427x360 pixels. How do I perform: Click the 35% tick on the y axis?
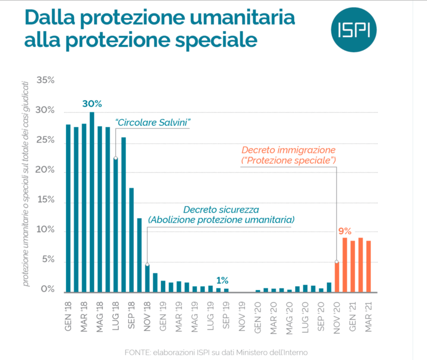tap(46, 81)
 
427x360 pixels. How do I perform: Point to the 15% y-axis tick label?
tap(46, 200)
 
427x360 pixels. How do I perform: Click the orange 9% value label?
tap(345, 231)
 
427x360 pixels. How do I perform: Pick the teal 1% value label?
tap(222, 280)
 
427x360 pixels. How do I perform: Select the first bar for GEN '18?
tap(68, 208)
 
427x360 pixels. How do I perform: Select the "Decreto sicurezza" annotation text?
tap(221, 210)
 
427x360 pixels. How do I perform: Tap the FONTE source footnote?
tap(216, 352)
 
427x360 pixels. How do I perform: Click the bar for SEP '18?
tap(131, 240)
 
